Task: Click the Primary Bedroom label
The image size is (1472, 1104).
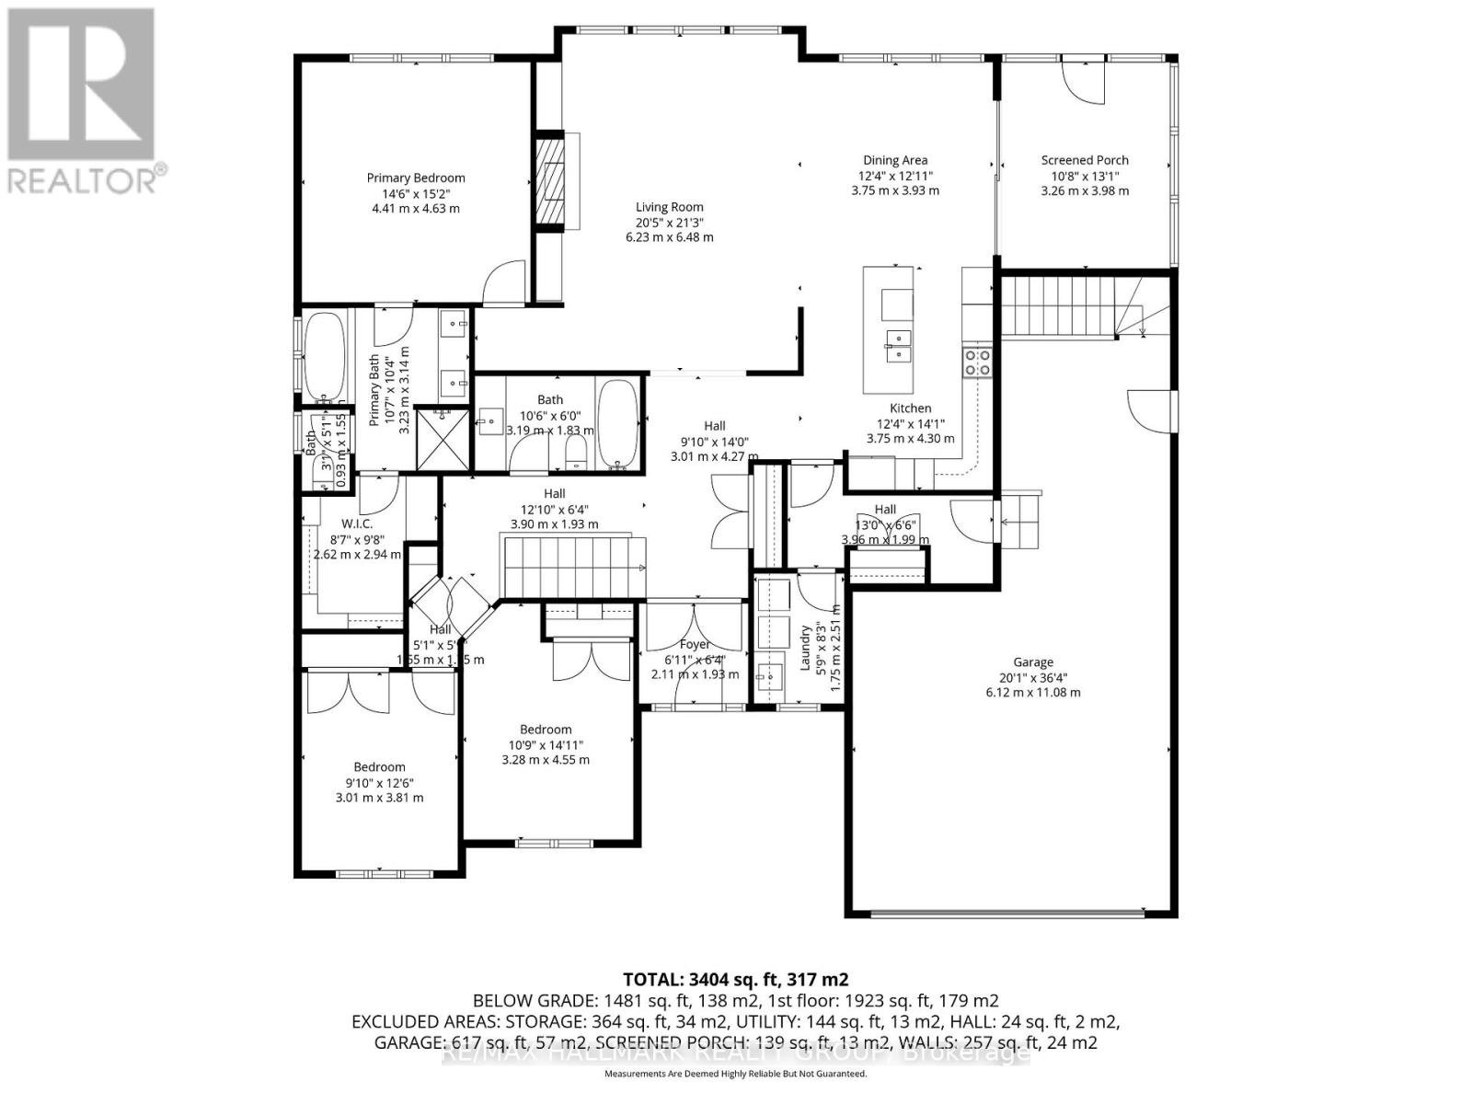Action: [x=416, y=178]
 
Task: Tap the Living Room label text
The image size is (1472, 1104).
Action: [x=669, y=208]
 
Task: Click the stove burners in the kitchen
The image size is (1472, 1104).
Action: [x=976, y=362]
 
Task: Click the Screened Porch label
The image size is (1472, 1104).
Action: [x=1085, y=160]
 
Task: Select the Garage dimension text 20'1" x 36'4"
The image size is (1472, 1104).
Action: [x=1033, y=677]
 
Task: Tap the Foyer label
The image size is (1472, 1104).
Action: [x=695, y=645]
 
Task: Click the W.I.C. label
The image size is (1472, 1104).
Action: [x=357, y=523]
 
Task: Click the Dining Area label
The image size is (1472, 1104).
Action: [x=894, y=160]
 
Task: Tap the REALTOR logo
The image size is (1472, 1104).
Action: [x=83, y=101]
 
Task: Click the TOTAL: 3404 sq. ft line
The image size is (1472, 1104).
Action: [x=735, y=979]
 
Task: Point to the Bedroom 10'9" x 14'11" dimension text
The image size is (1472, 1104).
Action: [x=546, y=745]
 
